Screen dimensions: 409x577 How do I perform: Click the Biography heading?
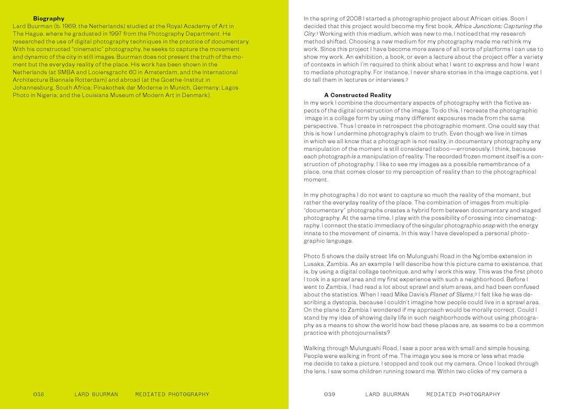49,19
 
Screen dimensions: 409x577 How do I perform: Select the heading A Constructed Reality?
357,95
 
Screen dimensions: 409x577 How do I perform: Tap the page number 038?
39,394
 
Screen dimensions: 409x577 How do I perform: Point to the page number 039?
329,394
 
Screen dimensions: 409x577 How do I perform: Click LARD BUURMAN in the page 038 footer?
96,394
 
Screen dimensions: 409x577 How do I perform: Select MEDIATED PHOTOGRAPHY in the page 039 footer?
463,394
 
